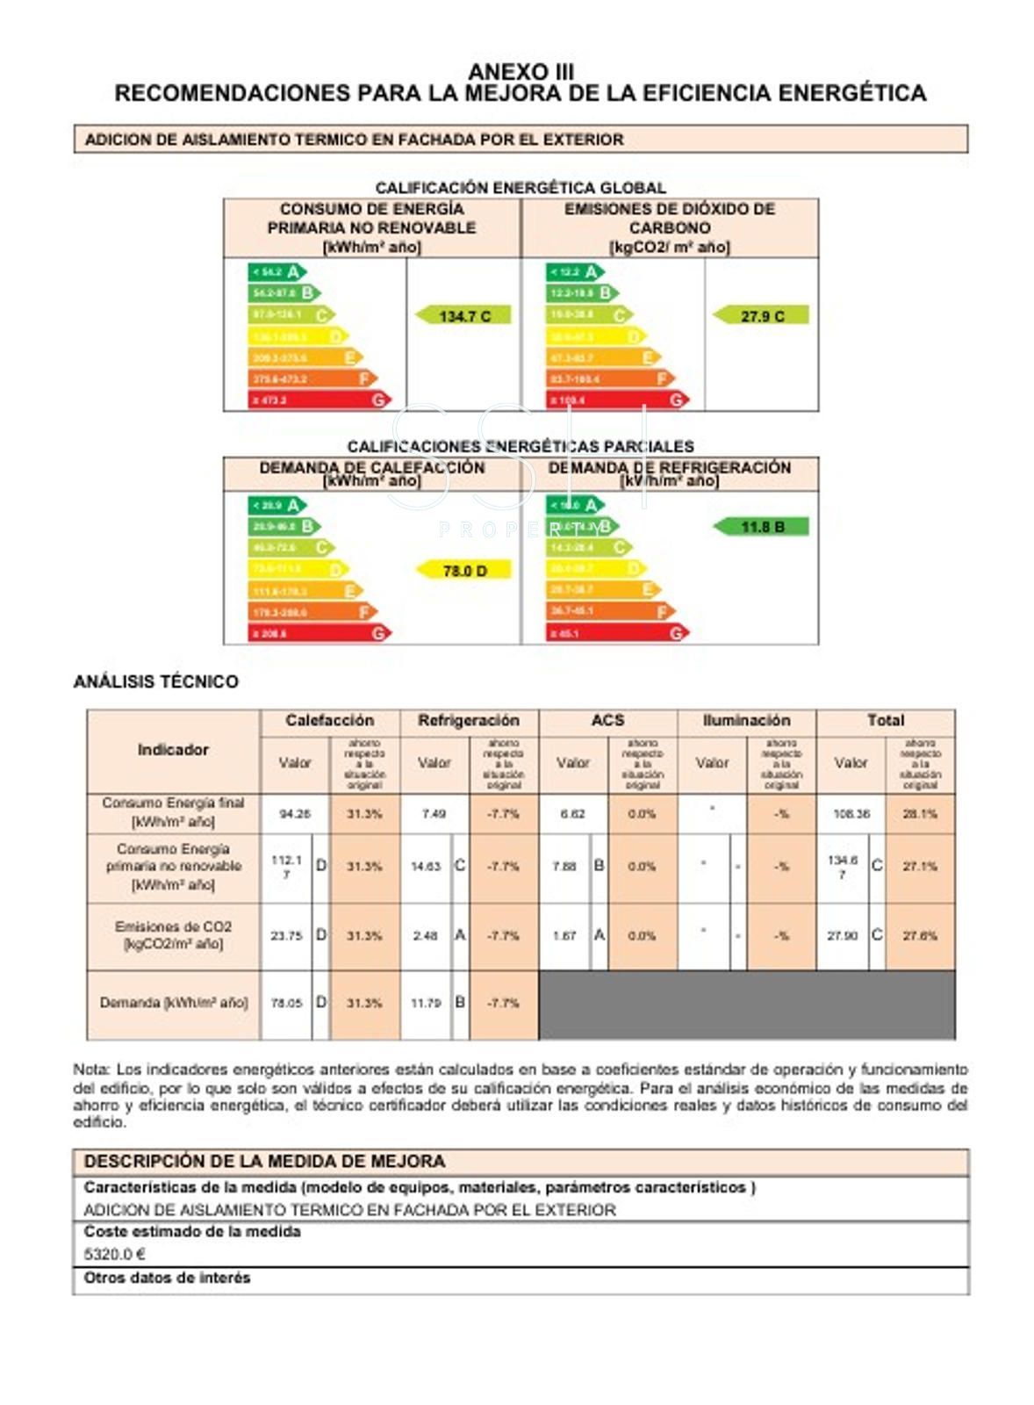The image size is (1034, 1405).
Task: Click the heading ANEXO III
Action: click(520, 71)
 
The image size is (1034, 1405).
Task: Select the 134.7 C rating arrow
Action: click(463, 315)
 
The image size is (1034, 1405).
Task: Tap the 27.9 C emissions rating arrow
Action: click(760, 315)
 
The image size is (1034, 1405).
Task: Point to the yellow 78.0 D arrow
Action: click(463, 571)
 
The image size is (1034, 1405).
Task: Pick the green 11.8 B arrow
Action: click(760, 527)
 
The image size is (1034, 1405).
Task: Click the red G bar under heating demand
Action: click(319, 633)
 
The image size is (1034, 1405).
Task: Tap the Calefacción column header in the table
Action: click(329, 721)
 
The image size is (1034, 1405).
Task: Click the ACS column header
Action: click(607, 721)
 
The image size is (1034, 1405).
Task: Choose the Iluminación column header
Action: click(746, 721)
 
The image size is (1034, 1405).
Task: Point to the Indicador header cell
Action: click(173, 750)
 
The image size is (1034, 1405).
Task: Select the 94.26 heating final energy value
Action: click(295, 814)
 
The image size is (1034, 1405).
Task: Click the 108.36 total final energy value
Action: click(851, 814)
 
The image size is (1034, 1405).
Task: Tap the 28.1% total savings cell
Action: click(920, 814)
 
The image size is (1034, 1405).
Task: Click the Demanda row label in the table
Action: click(173, 1003)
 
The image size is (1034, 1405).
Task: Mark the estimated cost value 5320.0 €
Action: click(114, 1254)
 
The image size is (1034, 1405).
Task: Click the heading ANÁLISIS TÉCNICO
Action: click(155, 681)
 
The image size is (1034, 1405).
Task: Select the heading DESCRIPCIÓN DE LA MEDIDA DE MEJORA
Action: click(264, 1161)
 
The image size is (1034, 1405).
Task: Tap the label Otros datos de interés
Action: click(167, 1279)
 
